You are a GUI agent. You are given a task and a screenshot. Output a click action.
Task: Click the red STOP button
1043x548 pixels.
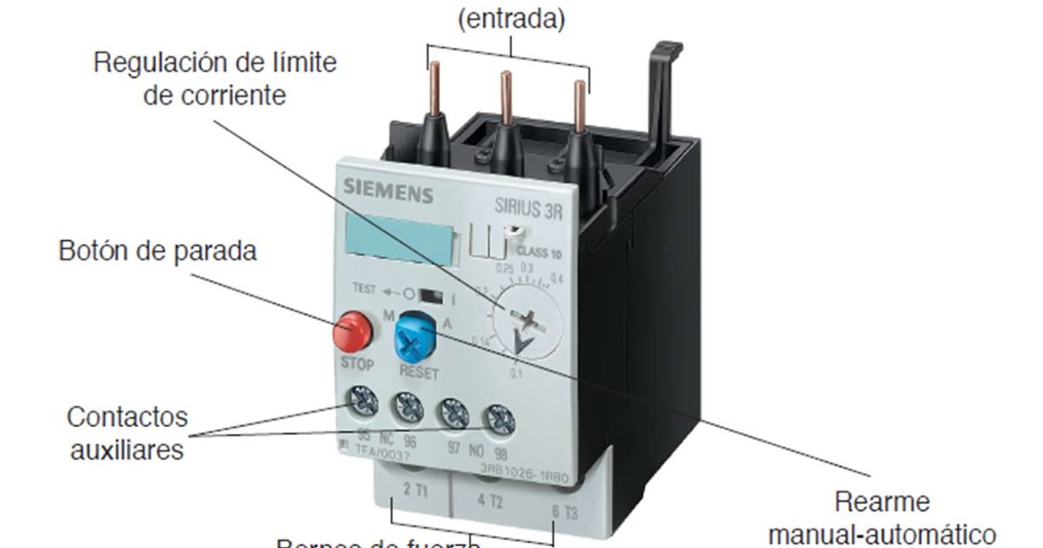[351, 331]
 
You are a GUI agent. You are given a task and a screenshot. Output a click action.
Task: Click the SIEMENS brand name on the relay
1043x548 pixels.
[387, 190]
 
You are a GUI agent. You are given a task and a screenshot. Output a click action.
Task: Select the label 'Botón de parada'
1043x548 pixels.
[158, 252]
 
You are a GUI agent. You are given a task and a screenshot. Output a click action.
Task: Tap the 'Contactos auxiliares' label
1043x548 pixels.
[127, 433]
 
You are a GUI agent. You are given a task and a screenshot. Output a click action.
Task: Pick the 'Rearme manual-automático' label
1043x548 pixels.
[881, 518]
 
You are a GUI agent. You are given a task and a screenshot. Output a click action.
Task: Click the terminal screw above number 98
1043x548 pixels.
[497, 419]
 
